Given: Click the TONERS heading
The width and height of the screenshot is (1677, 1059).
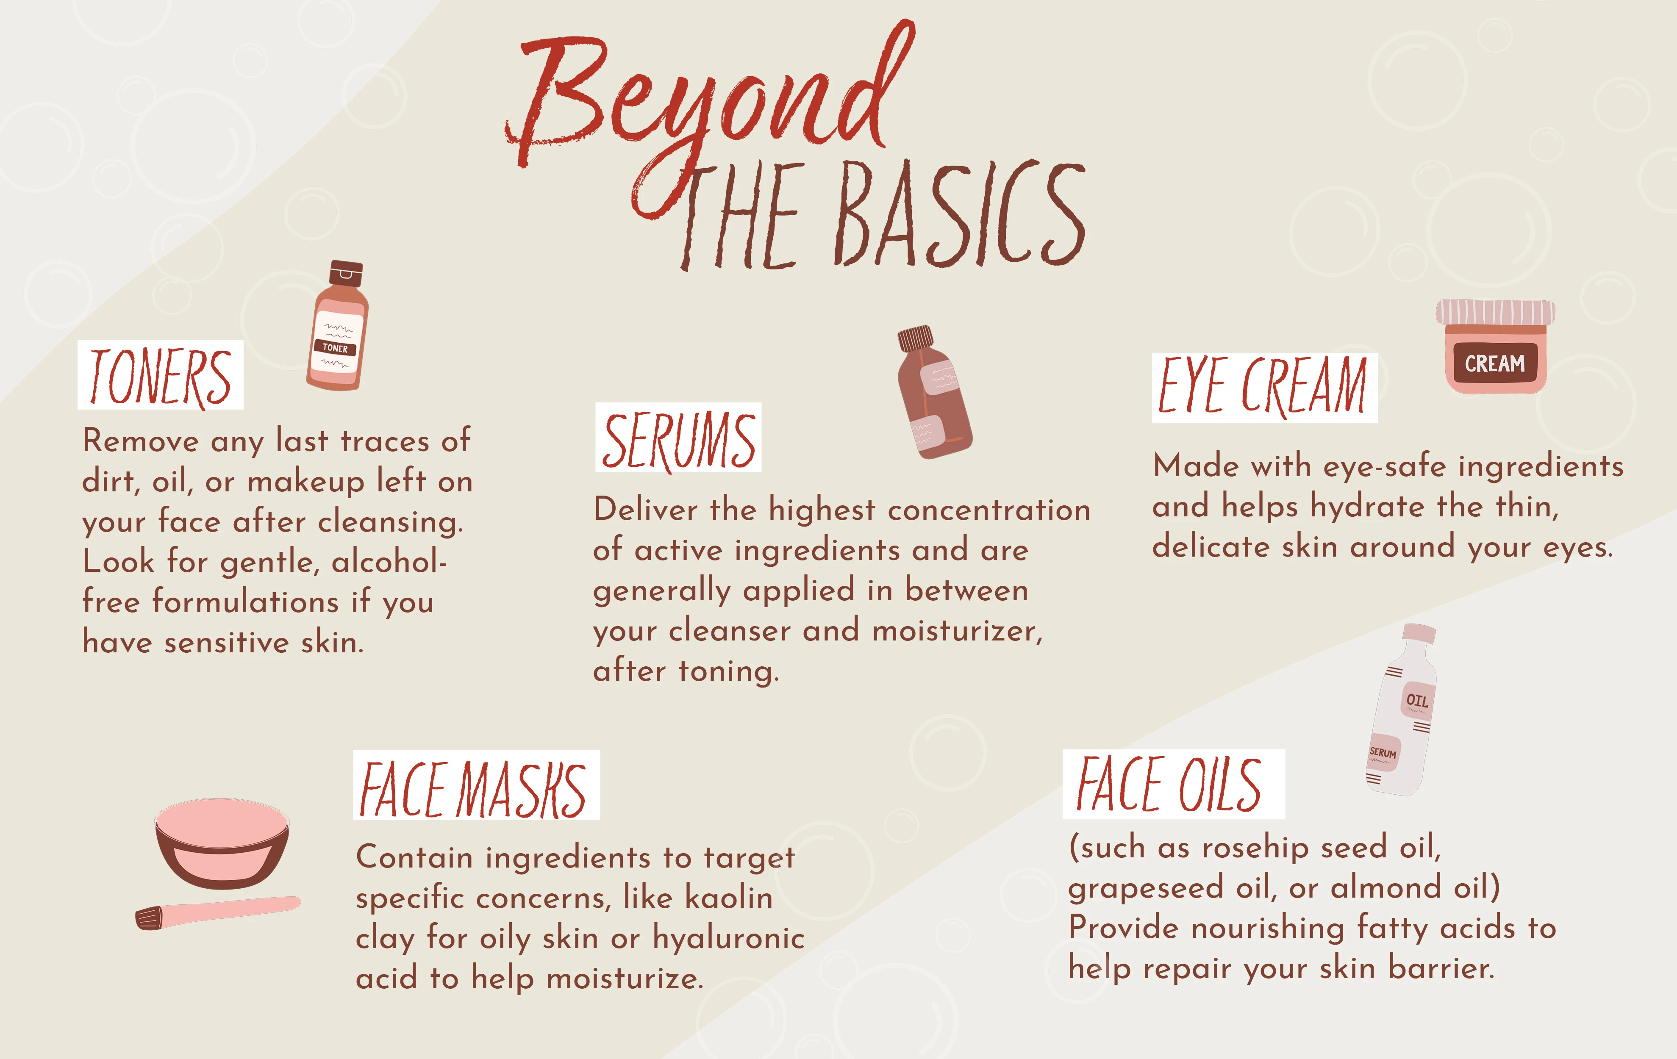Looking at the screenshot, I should click(160, 376).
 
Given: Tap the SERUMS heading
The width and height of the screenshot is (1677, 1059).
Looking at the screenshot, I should click(678, 439).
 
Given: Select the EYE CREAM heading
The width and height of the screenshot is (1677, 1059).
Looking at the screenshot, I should click(1264, 387).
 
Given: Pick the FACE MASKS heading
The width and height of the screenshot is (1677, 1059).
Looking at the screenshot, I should click(476, 787).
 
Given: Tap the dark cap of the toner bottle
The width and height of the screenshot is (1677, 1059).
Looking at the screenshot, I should click(346, 273).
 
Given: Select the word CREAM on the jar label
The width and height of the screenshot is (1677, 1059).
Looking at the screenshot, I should click(1494, 363).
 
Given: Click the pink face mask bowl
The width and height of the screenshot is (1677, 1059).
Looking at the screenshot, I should click(222, 843).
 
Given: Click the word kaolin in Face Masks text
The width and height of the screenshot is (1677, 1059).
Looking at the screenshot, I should click(728, 898).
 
